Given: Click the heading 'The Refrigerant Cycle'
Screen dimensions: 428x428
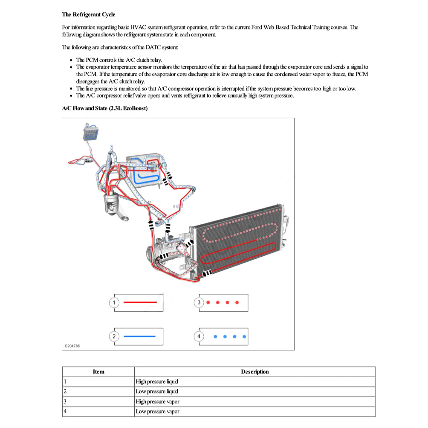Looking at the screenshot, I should coord(88,14).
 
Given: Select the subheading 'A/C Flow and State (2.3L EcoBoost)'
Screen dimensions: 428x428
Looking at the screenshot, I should coord(105,108).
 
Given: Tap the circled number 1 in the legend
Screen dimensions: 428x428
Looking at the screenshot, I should coord(113,303).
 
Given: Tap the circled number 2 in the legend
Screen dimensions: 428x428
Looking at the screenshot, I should coord(113,336).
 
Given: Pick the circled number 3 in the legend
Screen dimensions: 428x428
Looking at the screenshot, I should coord(199,303).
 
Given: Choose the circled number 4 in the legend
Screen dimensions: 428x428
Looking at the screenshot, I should coord(199,336).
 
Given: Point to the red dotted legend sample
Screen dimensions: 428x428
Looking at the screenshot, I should coord(223,303).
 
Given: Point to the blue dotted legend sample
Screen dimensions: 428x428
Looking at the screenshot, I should coord(230,336).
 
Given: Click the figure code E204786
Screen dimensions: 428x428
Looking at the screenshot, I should coord(72,346).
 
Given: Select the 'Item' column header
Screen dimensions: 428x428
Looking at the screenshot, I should coord(98,372).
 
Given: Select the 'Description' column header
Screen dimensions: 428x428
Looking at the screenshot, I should coord(254,372).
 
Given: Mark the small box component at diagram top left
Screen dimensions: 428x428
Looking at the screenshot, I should coord(91,132).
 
